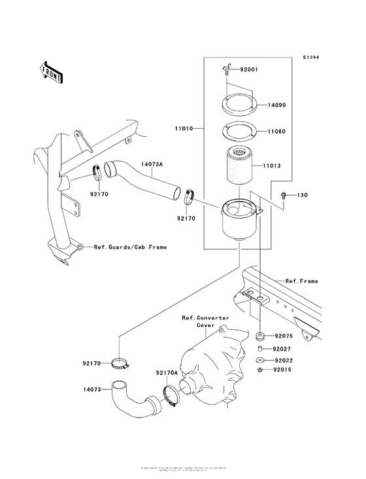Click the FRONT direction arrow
[x=51, y=73]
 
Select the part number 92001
[x=250, y=69]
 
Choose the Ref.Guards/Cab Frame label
[x=130, y=247]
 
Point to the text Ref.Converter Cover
[x=205, y=321]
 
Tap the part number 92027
[x=283, y=349]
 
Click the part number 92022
[x=283, y=360]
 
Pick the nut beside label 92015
[x=259, y=370]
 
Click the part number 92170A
[x=167, y=373]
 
